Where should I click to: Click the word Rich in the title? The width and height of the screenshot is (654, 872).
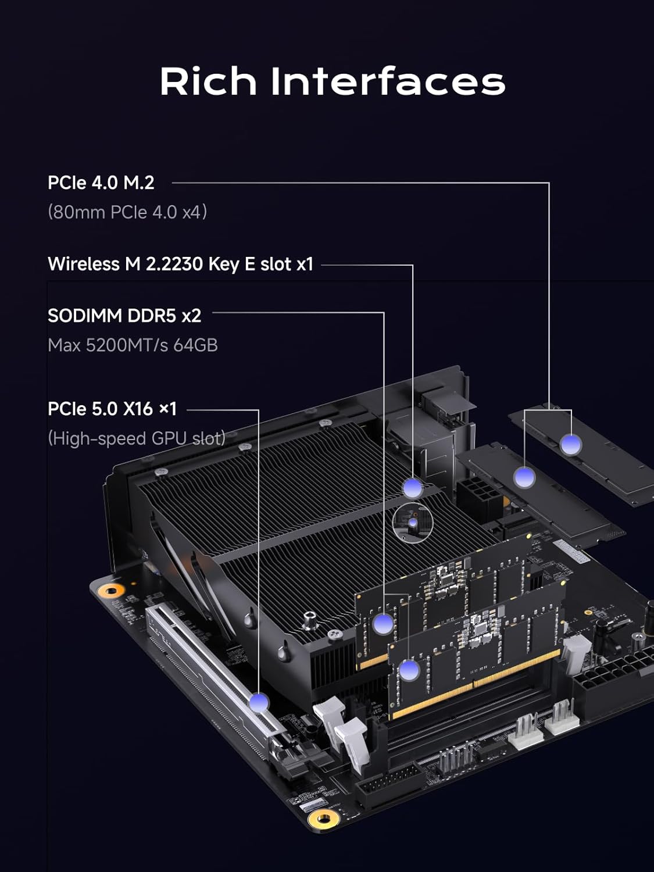(x=208, y=81)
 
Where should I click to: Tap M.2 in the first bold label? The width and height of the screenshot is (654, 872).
(x=138, y=183)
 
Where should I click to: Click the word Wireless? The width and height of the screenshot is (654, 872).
(x=84, y=264)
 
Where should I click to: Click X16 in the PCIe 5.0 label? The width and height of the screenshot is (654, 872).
(x=138, y=409)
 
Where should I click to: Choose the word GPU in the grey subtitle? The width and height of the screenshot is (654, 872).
(x=169, y=438)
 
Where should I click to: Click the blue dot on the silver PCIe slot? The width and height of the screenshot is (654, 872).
(x=259, y=702)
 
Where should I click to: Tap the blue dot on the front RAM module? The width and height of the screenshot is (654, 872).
(x=409, y=671)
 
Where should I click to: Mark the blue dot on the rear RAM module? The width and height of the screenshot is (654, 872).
(x=383, y=624)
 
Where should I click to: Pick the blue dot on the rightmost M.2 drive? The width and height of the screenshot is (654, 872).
(x=571, y=445)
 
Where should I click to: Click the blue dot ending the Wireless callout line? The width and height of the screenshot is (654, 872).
(x=413, y=487)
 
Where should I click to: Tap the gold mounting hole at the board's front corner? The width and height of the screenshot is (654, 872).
(x=324, y=819)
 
